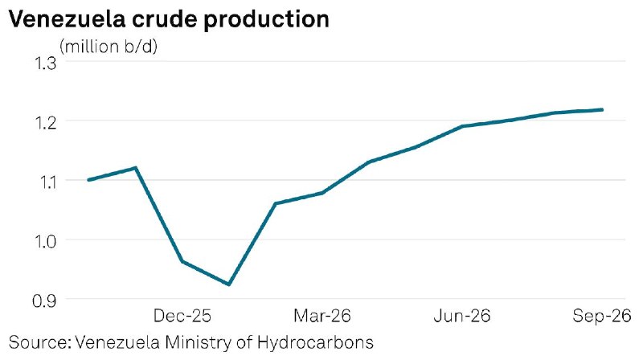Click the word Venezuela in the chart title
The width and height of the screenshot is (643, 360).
click(67, 18)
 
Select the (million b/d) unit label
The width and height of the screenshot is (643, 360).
click(109, 47)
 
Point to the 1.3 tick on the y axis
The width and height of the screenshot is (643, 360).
click(45, 63)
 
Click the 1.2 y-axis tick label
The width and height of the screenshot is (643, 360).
click(45, 123)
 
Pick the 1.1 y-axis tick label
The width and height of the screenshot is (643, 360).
click(45, 182)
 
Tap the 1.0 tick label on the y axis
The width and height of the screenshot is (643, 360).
click(45, 242)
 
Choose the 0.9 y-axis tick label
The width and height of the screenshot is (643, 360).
click(44, 301)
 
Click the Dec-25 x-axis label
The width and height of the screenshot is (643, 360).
click(182, 316)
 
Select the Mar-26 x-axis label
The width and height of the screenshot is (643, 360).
click(322, 316)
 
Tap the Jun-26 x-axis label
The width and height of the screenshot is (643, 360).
click(461, 316)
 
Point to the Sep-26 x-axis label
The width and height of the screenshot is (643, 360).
click(601, 316)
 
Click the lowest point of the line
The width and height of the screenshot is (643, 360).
click(229, 284)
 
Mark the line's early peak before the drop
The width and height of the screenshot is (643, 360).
click(135, 168)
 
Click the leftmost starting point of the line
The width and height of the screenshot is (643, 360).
click(89, 179)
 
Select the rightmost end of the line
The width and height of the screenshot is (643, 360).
click(601, 109)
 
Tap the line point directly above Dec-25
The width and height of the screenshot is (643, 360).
click(182, 261)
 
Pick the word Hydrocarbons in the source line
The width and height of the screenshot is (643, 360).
click(315, 343)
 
